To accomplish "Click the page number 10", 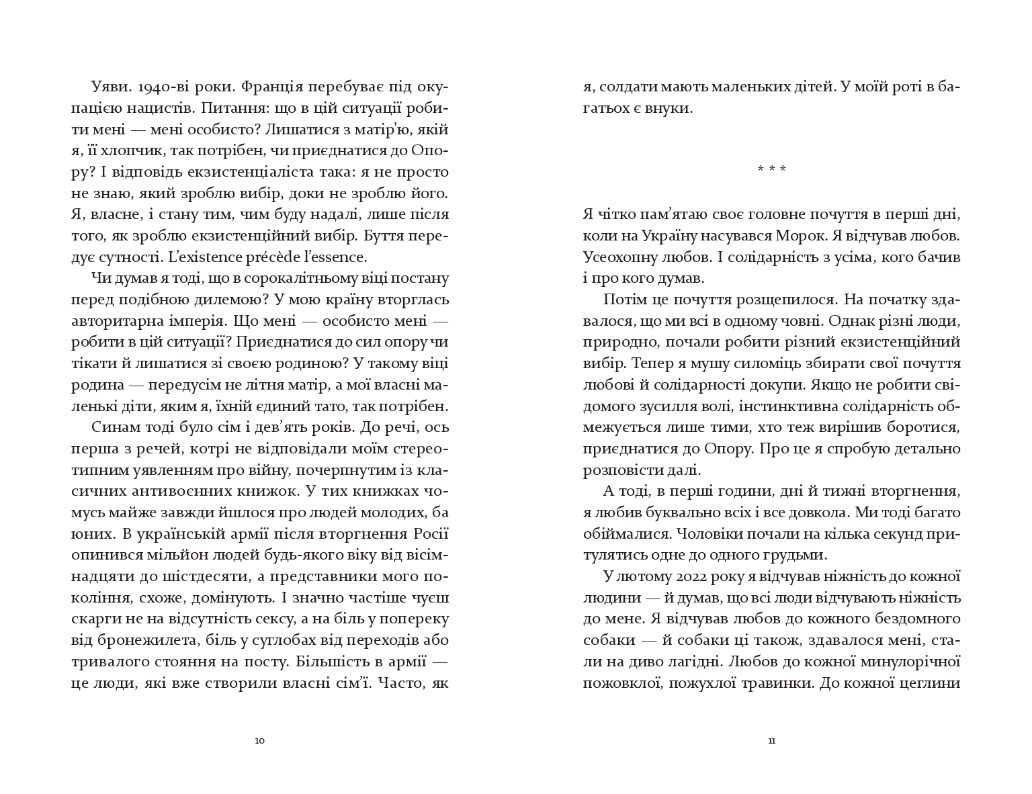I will coord(260,741).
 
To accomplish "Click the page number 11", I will coord(771,741).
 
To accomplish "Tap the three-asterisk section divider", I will coord(771,169).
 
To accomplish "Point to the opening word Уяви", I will coord(106,87).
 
